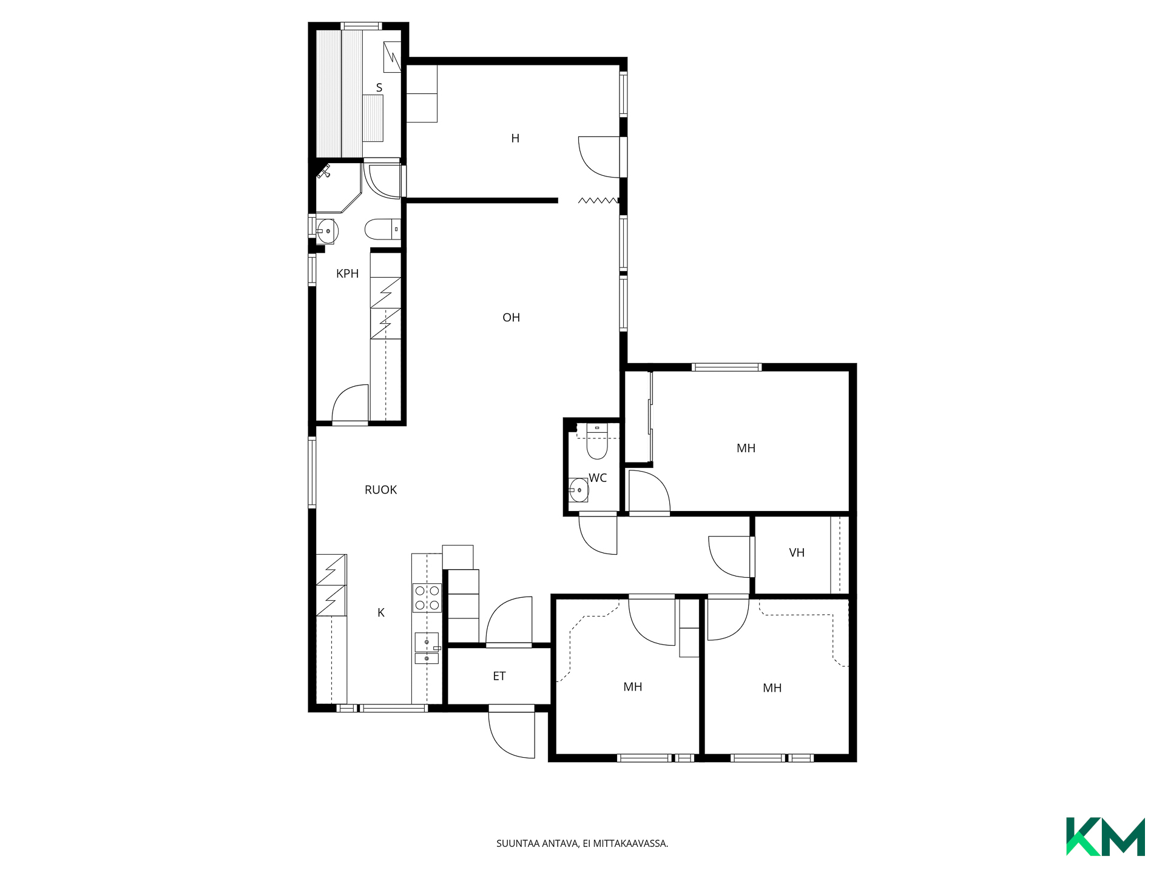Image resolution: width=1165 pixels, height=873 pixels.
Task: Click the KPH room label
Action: coord(347,273)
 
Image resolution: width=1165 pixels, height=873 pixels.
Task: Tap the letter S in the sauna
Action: coord(379,88)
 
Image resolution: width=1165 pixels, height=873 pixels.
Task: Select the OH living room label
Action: coord(511,317)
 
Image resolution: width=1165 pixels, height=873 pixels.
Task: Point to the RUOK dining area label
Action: coord(380,490)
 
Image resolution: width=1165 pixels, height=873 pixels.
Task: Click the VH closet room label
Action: coord(797,552)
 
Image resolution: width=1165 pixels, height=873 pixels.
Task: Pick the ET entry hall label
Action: coord(499,676)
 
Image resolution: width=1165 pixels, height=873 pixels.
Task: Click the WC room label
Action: coord(598,478)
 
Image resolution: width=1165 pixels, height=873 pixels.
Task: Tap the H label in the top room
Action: coord(515,138)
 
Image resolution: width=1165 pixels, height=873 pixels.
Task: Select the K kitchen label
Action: coord(381,612)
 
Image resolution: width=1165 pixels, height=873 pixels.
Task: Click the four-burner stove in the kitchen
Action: coord(427,597)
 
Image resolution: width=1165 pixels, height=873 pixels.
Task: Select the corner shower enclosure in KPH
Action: coord(339,188)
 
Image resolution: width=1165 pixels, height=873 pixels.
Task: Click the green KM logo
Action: coord(1105,837)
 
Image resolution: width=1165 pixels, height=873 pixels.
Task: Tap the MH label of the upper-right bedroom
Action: coord(746,448)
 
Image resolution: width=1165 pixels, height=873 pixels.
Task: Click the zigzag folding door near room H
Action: coord(598,200)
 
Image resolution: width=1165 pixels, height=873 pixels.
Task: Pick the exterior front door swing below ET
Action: coord(511,734)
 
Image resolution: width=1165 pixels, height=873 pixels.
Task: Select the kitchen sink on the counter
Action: coord(427,647)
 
